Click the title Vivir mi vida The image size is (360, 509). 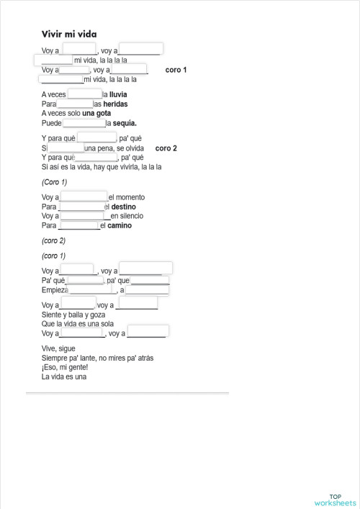tap(69, 34)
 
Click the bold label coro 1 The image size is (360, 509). tap(176, 70)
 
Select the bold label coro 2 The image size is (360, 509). tap(166, 148)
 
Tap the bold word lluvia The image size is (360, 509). tap(118, 94)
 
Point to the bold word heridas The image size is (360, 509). tap(115, 104)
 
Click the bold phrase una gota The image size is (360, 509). tap(96, 113)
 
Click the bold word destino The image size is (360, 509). tap(123, 207)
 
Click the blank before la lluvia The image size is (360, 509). tap(84, 94)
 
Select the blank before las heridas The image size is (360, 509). tap(75, 104)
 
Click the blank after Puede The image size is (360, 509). tap(84, 122)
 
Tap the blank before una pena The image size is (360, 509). tap(66, 148)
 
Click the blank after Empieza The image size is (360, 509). tap(92, 290)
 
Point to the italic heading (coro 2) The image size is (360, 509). tap(53, 240)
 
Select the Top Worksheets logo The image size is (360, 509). tap(335, 500)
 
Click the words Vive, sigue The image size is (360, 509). tap(58, 348)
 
